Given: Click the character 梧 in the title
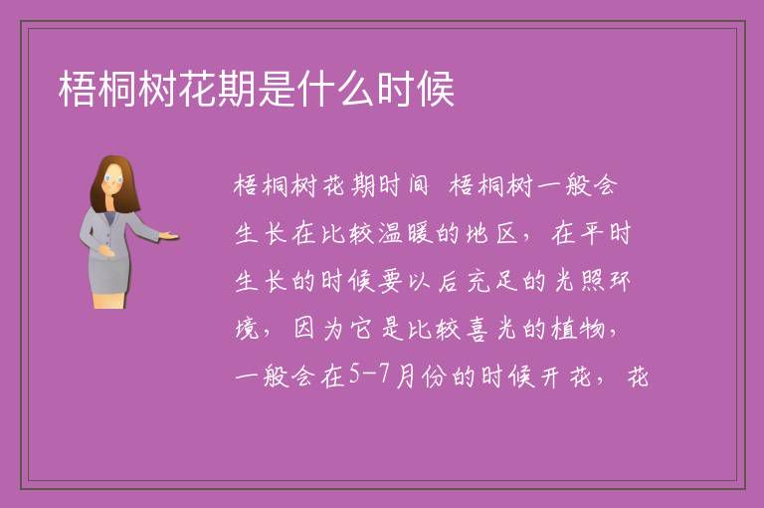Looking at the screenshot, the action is click(77, 89).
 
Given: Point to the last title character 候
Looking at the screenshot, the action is click(436, 89).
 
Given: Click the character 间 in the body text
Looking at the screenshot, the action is click(418, 185).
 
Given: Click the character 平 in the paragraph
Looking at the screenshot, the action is click(592, 233).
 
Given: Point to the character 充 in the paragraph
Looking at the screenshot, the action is click(477, 281).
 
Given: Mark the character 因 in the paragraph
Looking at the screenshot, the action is click(304, 329).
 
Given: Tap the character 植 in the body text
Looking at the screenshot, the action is click(564, 329).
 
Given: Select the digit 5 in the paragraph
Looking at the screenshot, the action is click(354, 375).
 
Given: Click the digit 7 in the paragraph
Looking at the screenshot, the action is click(384, 375).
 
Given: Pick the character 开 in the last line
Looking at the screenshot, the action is click(549, 377).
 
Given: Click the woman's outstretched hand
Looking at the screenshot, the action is click(168, 237).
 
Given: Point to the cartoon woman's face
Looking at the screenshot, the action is click(114, 179).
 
